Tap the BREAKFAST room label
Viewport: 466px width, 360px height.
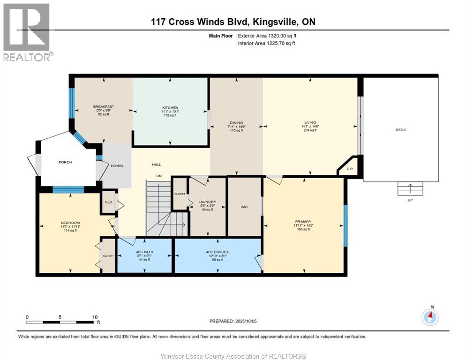(x=104, y=106)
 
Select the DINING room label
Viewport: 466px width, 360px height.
(x=236, y=122)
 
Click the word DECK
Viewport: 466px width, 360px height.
(x=400, y=130)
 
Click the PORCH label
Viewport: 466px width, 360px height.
(x=65, y=162)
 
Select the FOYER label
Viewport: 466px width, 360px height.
(x=116, y=166)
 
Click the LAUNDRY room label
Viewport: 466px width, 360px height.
(x=207, y=202)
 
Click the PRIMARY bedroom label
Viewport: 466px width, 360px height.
(x=303, y=222)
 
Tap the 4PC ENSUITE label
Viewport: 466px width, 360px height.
(x=218, y=252)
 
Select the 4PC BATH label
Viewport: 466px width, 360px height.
(x=144, y=252)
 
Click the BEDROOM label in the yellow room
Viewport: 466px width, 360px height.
(x=70, y=223)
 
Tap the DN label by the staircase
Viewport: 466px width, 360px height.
(x=159, y=176)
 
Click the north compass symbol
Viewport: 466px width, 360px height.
(x=430, y=317)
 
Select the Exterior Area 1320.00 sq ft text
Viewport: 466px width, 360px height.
(x=267, y=36)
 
